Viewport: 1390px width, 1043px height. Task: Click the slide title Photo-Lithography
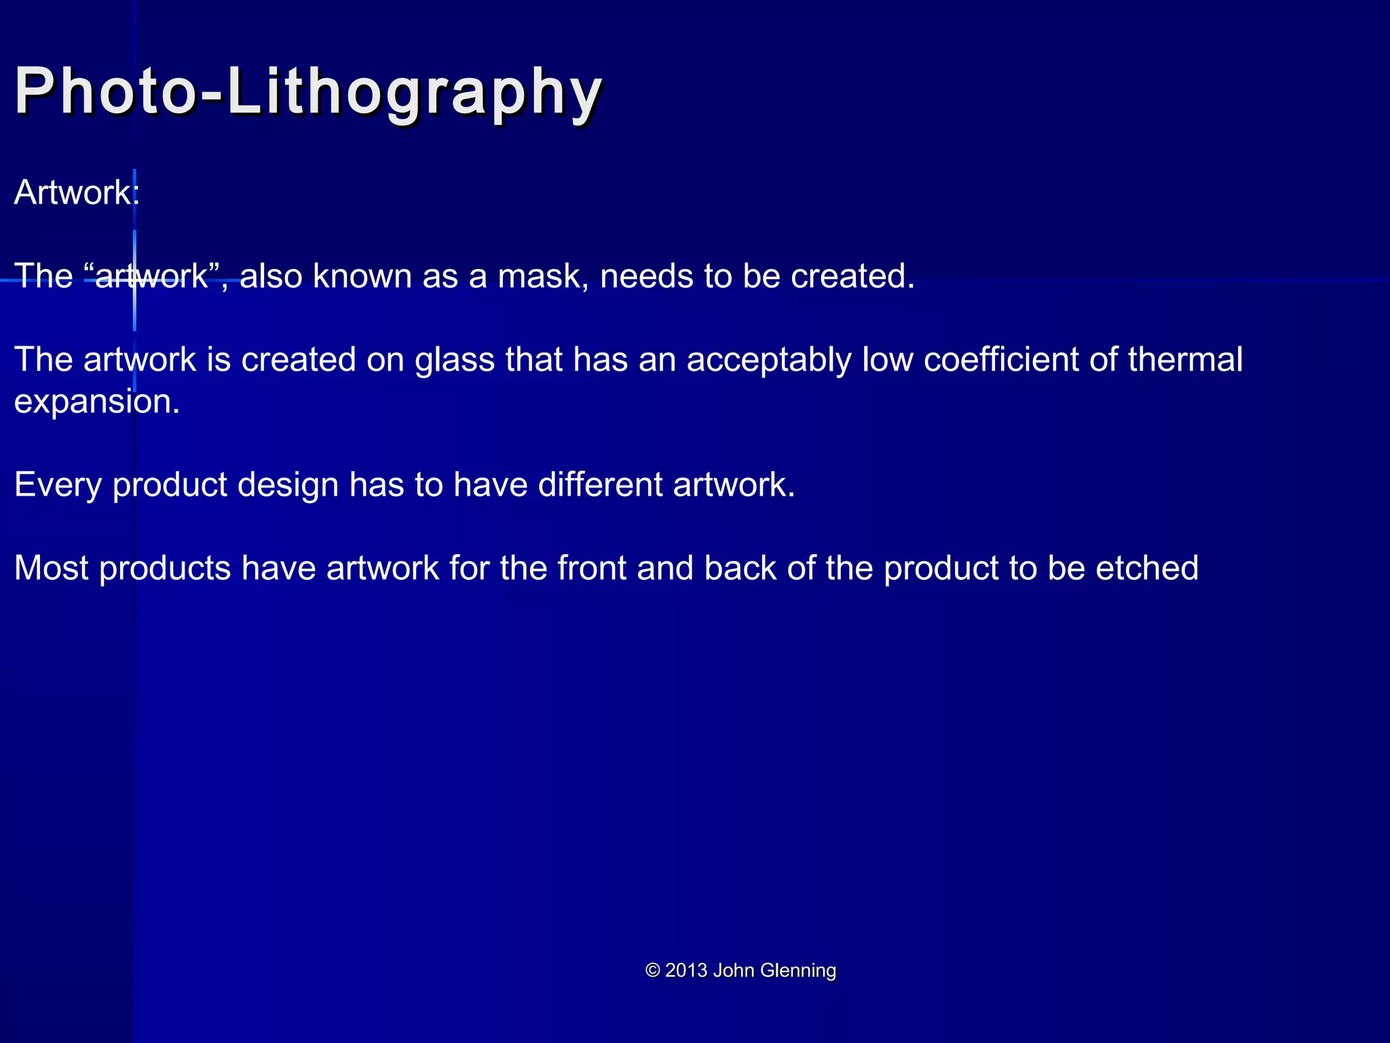[x=309, y=92]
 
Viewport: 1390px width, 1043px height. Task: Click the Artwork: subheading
[x=77, y=193]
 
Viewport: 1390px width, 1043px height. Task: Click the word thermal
[x=1185, y=360]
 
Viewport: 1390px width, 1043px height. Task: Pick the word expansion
[x=96, y=402]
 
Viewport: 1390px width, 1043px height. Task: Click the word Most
[x=51, y=568]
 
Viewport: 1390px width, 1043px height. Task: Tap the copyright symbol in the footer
[x=653, y=970]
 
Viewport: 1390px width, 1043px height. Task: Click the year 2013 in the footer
[x=686, y=970]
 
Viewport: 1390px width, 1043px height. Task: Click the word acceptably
[x=769, y=360]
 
